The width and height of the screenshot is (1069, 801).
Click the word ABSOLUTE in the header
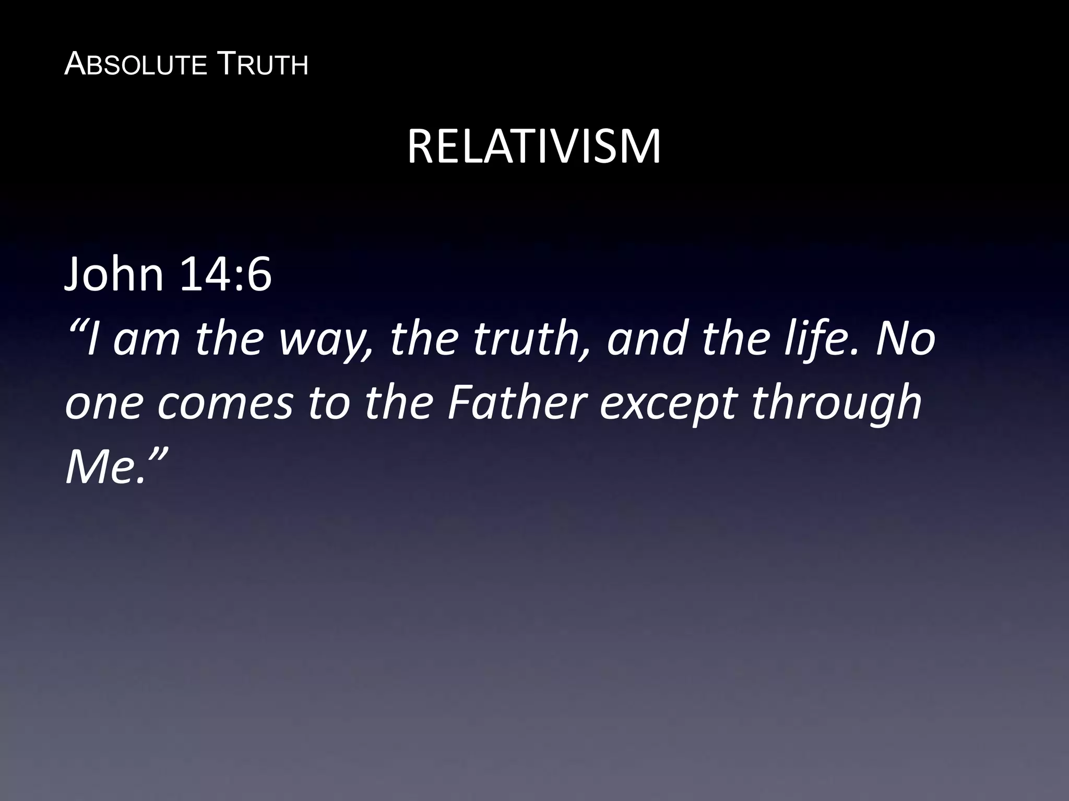tap(136, 65)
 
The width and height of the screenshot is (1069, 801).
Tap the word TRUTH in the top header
tap(262, 65)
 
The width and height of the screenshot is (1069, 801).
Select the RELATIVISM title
tap(534, 148)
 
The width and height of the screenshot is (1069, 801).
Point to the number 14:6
tap(225, 275)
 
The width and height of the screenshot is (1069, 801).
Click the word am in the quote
tap(146, 339)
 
